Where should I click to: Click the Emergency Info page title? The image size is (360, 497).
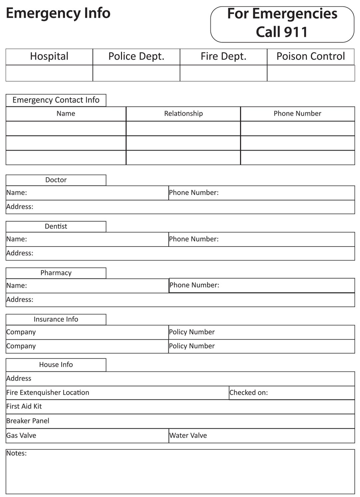coord(58,13)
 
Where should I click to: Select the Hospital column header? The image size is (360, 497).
coord(49,56)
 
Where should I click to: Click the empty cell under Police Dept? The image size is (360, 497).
coord(136,73)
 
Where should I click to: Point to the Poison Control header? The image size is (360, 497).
coord(310,56)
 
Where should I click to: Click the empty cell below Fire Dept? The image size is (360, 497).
coord(223,73)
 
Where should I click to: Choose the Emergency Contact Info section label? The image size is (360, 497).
coord(56,100)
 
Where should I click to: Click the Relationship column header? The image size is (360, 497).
coord(183,114)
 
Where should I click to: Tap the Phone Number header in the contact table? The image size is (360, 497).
coord(297,114)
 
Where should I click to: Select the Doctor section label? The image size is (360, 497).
coord(56,180)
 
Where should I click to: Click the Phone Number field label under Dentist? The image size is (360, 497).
coord(194,239)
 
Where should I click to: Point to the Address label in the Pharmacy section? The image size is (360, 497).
coord(20,299)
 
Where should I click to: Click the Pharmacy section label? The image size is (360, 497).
coord(56,273)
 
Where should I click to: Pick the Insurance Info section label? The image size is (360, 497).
coord(56,319)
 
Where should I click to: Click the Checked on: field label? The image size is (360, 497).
coord(249,393)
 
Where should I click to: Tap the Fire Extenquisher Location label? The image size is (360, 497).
coord(48,393)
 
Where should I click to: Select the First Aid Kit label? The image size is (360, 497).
coord(24,406)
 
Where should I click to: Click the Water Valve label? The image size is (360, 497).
coord(188,435)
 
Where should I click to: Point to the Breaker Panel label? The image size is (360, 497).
coord(28,421)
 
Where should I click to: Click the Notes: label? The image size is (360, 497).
coord(16,453)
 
